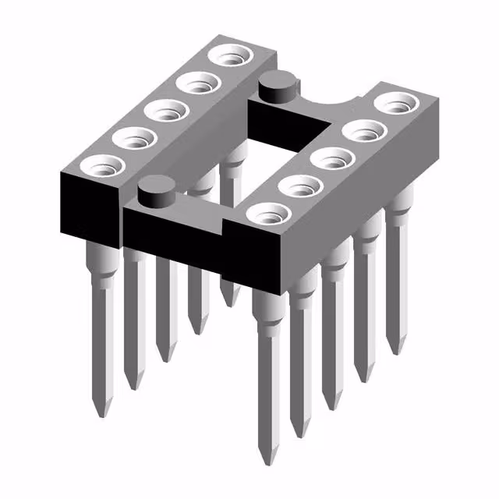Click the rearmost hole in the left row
232,56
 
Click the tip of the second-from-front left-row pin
133,384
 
